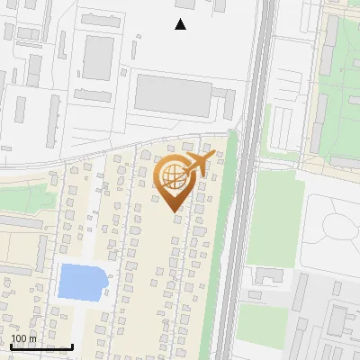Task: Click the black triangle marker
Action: coord(180,24)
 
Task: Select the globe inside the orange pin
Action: coord(172,175)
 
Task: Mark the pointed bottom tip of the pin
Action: coord(175,211)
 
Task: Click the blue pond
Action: coord(81,282)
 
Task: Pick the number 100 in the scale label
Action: coord(19,337)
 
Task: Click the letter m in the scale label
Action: coord(32,337)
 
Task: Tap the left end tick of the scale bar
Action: coord(12,346)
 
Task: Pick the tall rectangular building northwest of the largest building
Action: coord(98,57)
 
